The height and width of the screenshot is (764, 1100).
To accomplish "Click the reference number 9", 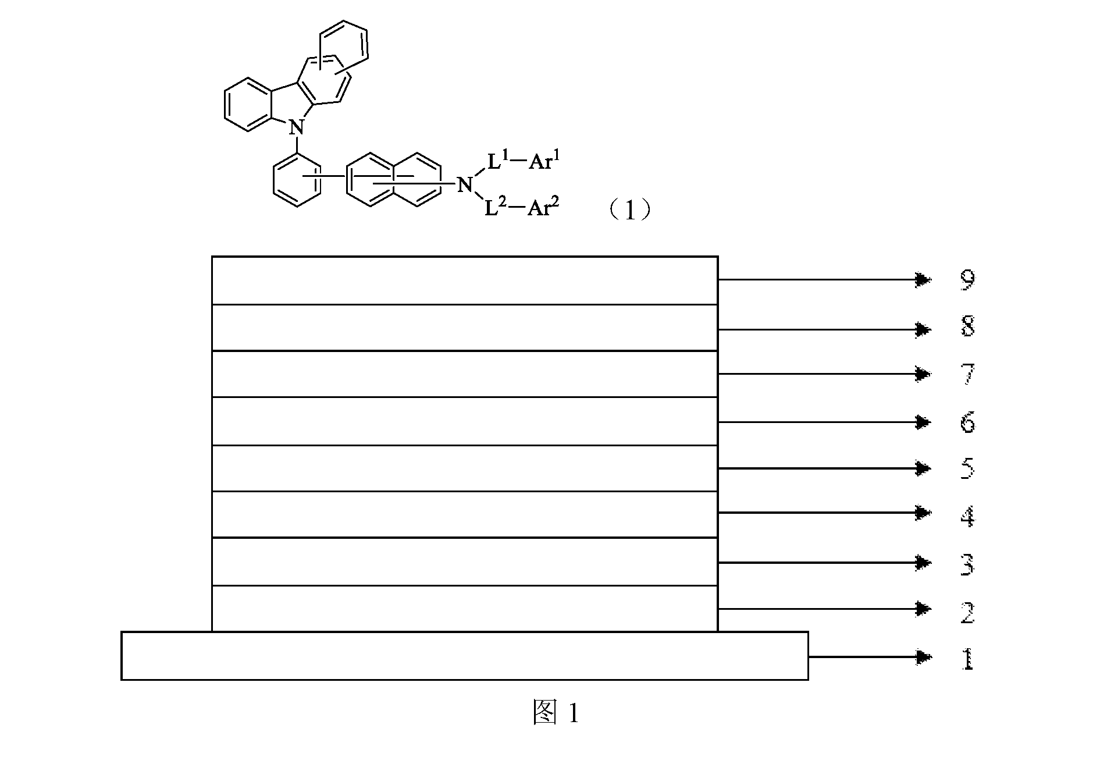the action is (967, 280).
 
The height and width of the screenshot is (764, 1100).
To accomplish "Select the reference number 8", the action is (967, 327).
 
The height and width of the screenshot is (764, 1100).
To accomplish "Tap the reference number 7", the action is (967, 374).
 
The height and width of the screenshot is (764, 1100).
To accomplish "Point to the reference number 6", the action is (967, 422).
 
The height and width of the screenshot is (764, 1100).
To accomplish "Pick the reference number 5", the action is (967, 468).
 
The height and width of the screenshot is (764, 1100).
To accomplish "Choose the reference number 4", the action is (967, 516).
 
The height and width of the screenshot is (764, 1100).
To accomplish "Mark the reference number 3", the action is (967, 564).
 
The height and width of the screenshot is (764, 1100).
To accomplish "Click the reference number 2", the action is (967, 612).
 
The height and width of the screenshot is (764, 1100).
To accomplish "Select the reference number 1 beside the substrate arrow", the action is (967, 659).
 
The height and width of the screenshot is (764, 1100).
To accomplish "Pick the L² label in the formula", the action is (496, 208).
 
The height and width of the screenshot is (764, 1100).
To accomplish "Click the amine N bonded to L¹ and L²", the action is (464, 186).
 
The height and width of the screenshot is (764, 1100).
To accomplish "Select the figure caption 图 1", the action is (556, 713).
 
